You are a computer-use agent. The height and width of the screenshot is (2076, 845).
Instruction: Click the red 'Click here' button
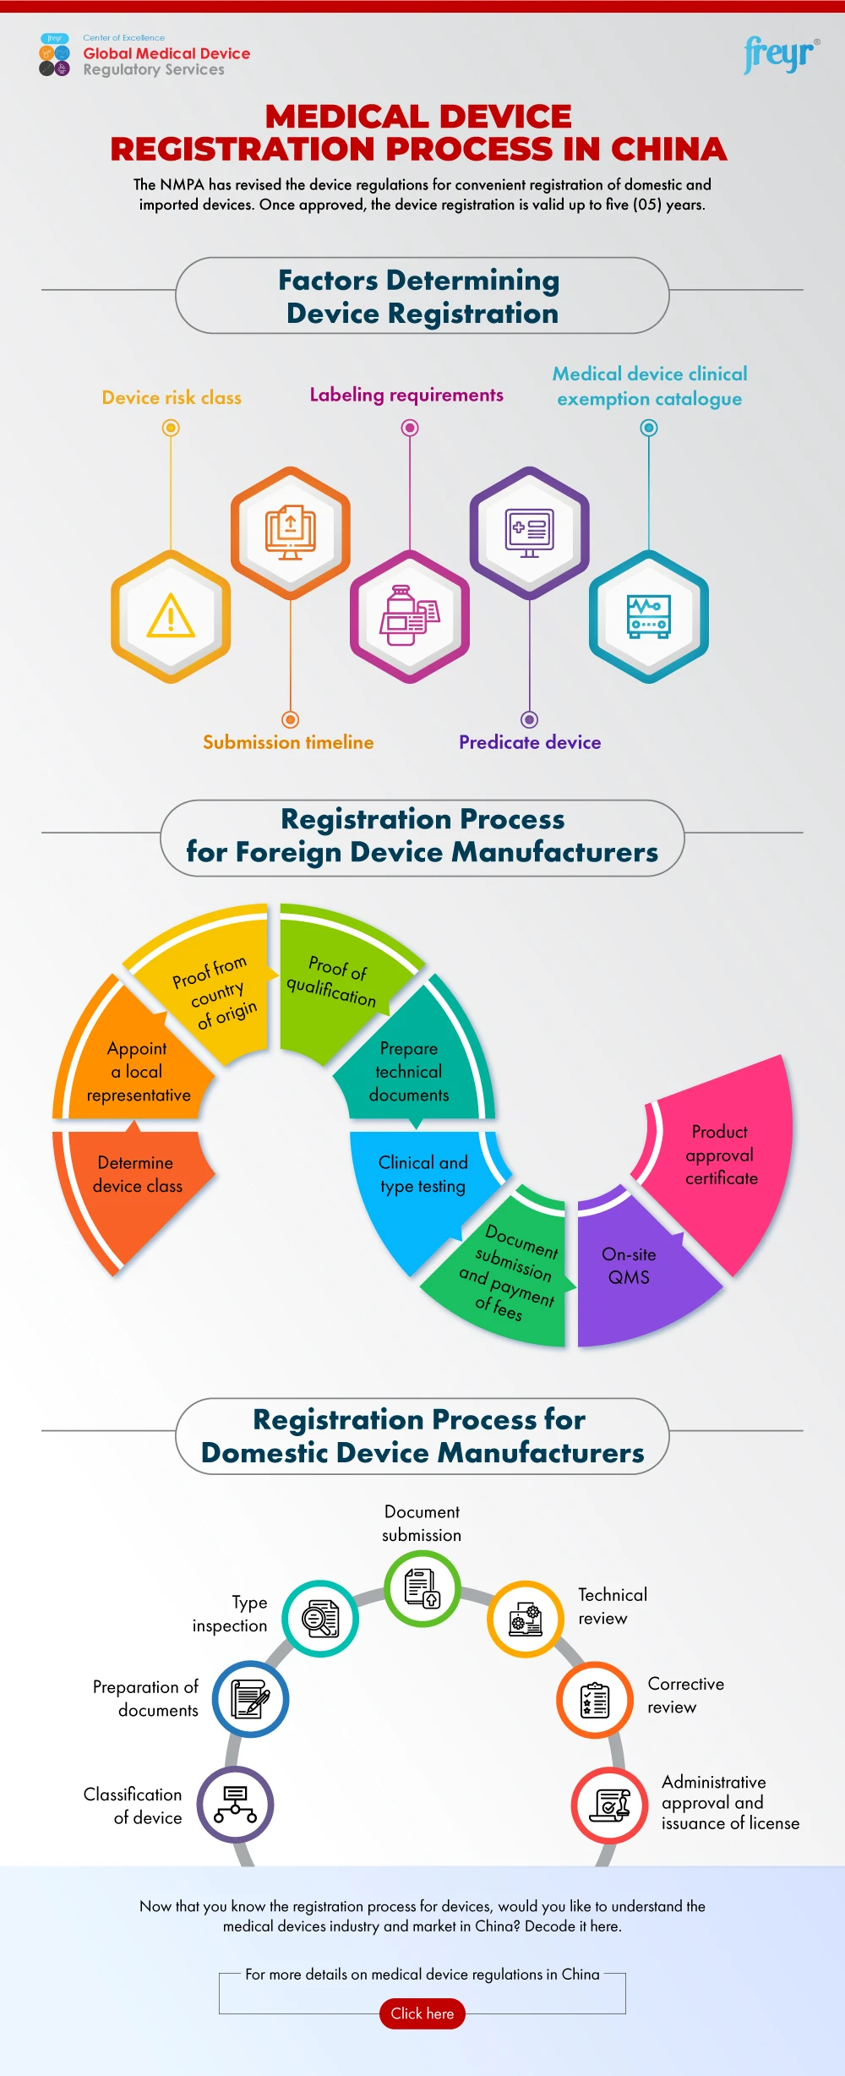pos(422,2013)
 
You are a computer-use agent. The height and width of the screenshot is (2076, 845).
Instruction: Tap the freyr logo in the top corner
pos(780,55)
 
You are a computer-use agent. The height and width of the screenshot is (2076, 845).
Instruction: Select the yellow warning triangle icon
pos(171,616)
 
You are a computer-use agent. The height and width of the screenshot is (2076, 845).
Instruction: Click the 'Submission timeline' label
pos(288,742)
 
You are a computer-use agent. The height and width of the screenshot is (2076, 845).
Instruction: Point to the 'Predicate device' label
pos(530,742)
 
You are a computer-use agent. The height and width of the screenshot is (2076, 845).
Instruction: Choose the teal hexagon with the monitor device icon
pos(648,616)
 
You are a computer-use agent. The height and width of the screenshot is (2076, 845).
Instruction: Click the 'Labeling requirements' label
pos(406,395)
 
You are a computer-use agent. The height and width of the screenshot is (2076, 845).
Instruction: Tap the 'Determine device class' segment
pos(135,1183)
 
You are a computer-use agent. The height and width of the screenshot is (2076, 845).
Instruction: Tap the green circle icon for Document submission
pos(422,1588)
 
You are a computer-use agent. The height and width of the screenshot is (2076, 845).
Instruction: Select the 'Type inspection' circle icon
pos(320,1618)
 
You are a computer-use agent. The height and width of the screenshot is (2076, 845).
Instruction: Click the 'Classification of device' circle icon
pos(236,1804)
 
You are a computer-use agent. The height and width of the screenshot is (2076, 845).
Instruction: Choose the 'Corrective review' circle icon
pos(595,1700)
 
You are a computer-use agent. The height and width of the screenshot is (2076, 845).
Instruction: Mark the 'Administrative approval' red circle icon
pos(610,1806)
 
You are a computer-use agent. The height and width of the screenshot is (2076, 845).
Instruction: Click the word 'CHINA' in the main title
pos(668,150)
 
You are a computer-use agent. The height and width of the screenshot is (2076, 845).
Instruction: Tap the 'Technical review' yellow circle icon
pos(526,1619)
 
